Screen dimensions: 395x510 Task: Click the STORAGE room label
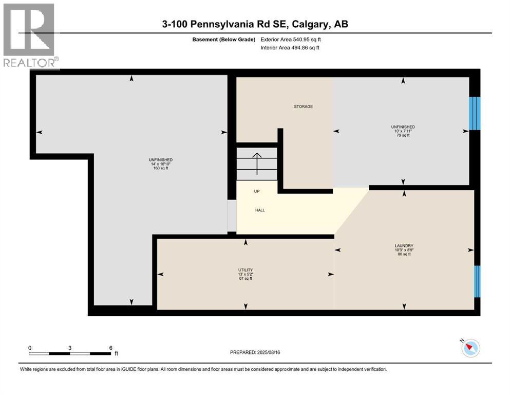tap(303, 106)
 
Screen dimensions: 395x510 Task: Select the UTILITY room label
tap(245, 270)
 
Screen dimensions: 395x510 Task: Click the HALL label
tap(260, 210)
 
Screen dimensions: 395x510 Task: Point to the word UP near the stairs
tap(257, 191)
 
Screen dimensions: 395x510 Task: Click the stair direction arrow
tap(256, 161)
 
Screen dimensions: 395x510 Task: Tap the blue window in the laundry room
tap(477, 281)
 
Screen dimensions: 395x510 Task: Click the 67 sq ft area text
tap(245, 279)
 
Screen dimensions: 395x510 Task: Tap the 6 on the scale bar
tap(110, 348)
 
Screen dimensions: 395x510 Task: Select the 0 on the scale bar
tap(30, 348)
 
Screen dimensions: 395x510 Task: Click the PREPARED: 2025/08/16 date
tap(255, 352)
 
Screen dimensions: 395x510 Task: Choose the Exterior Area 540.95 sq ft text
tap(291, 39)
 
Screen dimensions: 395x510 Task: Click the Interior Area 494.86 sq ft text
tap(290, 48)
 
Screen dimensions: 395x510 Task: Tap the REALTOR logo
tap(29, 36)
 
